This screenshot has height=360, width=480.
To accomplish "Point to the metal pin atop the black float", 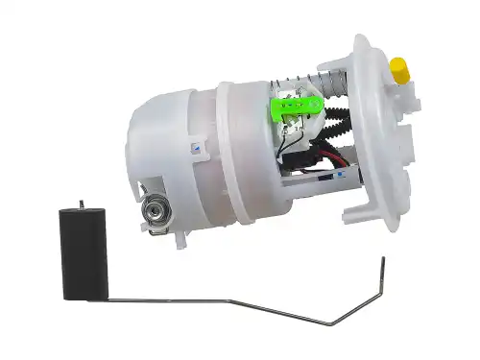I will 82,204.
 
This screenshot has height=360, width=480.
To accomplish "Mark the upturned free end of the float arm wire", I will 383,264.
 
